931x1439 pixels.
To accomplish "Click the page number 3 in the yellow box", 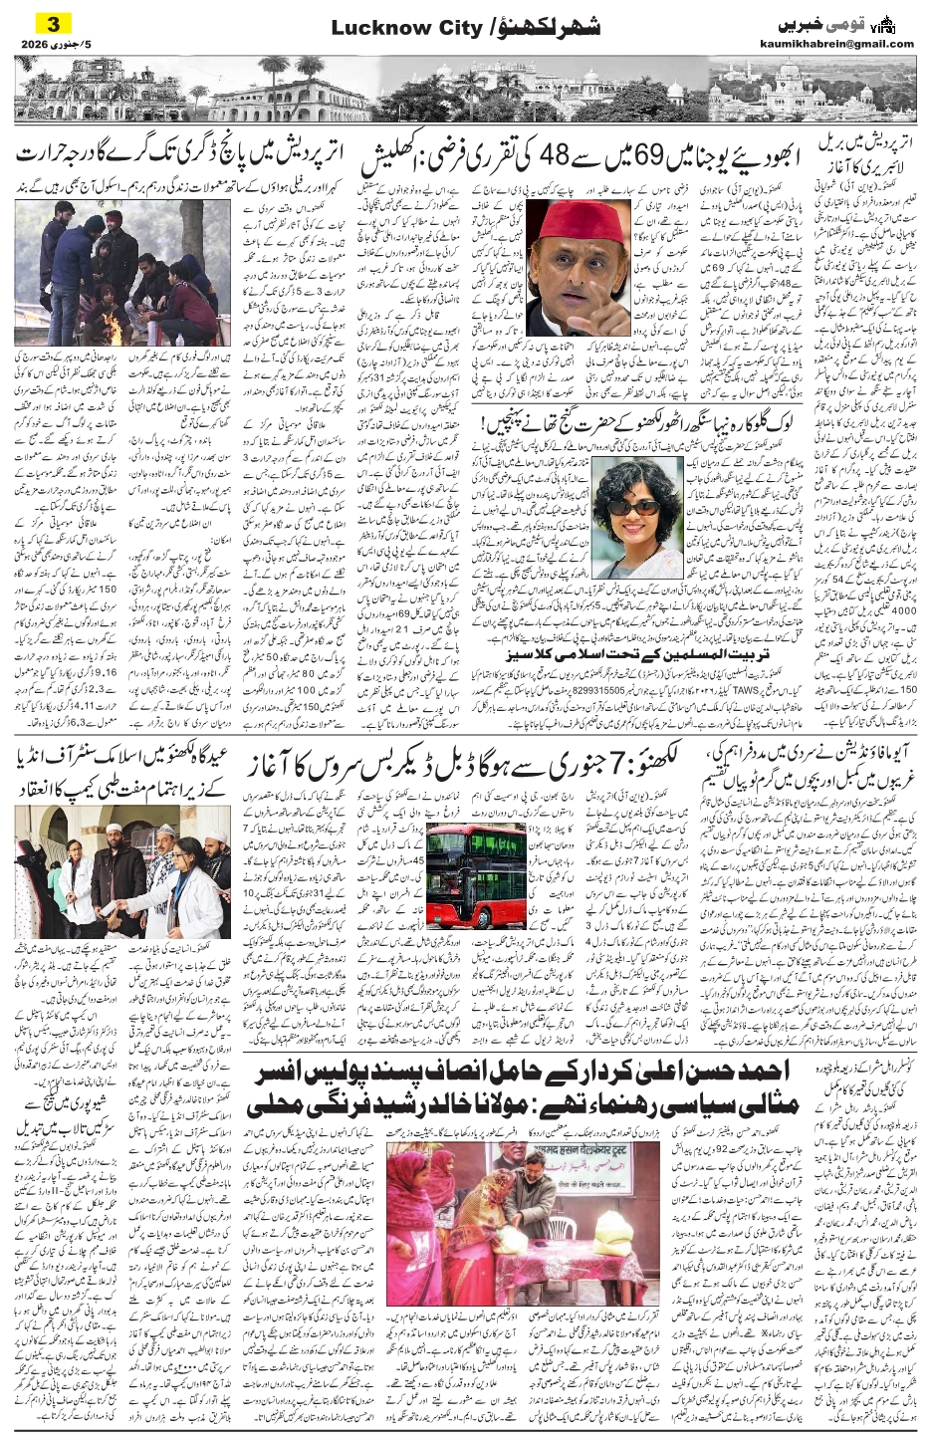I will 55,23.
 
